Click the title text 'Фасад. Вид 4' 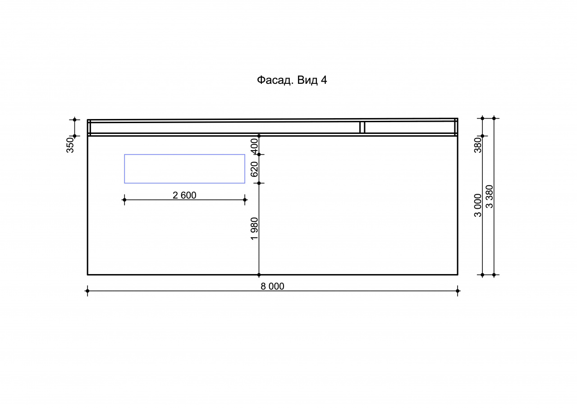pos(292,80)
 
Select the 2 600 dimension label pos(184,195)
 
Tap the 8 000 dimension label pos(272,286)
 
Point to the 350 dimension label pos(70,145)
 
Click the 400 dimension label pos(254,146)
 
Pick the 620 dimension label pos(254,169)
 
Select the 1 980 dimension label pos(254,229)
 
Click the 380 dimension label pos(478,145)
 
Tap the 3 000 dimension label pos(478,205)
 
